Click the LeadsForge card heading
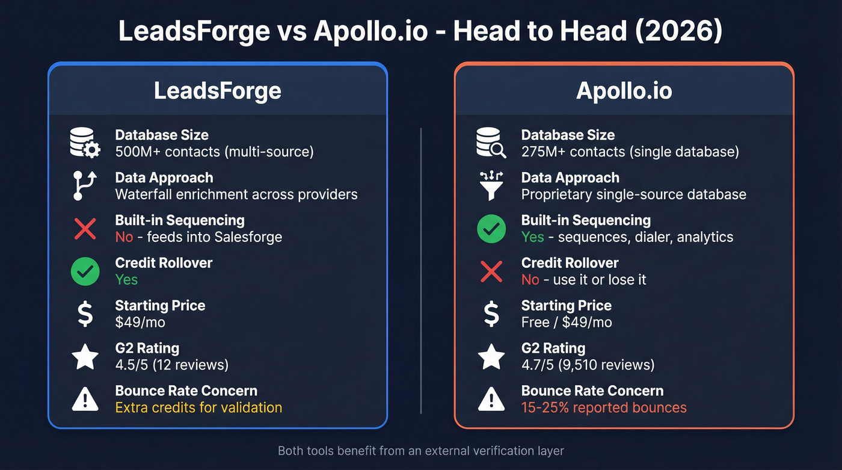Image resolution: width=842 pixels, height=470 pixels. tap(217, 90)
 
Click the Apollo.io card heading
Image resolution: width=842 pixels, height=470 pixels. tap(624, 90)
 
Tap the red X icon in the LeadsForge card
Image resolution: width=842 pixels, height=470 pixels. tap(85, 229)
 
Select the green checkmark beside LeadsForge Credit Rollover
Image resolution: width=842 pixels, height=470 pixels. tap(85, 271)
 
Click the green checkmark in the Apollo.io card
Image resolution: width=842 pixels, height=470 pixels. tap(491, 229)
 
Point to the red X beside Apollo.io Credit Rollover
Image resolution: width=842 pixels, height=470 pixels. tap(491, 271)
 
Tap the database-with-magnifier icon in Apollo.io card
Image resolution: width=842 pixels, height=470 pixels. tap(491, 143)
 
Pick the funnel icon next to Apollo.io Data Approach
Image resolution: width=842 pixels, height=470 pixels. tap(491, 186)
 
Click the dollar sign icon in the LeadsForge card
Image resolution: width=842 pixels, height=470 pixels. tap(85, 314)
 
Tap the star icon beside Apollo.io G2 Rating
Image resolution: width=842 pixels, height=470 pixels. tap(491, 357)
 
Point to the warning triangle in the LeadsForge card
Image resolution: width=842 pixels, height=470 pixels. tap(85, 400)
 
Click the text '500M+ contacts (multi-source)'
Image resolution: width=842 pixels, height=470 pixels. tap(214, 152)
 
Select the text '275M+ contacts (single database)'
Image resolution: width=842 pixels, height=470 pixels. tap(630, 152)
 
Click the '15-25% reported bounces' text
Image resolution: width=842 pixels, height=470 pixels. tap(604, 407)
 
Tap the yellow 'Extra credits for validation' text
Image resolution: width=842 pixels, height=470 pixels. tap(198, 407)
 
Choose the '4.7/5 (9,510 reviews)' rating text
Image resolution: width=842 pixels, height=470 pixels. tap(588, 365)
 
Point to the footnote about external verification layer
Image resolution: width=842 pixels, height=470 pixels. tap(421, 450)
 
